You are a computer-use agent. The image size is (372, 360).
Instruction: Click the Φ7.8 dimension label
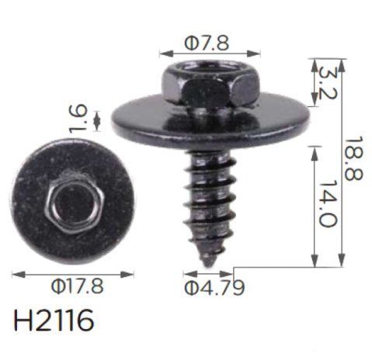[207, 43]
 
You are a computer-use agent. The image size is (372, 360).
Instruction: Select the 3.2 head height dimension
[328, 83]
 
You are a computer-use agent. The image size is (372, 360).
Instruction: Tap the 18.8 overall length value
[353, 158]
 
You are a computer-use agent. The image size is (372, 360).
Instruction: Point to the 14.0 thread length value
[328, 203]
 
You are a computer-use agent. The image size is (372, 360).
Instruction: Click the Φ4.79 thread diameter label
[214, 287]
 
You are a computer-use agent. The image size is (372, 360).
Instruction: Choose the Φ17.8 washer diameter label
[77, 286]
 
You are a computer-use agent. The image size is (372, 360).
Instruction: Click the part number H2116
[54, 320]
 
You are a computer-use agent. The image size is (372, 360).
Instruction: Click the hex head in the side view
[210, 84]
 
